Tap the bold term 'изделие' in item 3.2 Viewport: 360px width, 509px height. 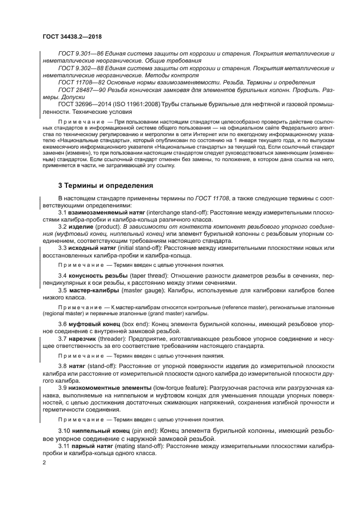point(83,226)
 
